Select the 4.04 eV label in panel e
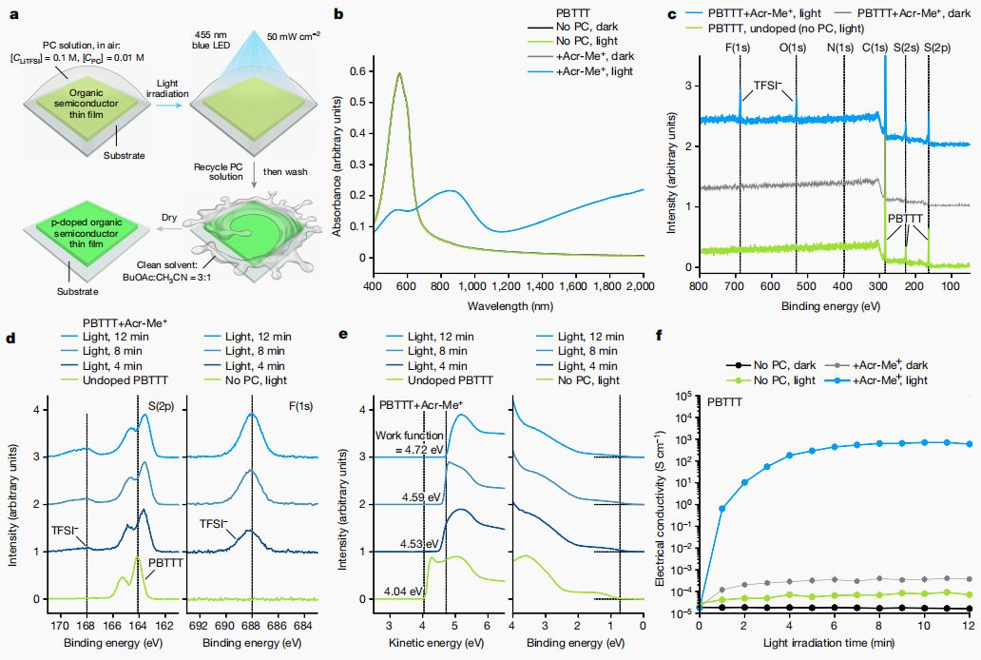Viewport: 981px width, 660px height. [402, 591]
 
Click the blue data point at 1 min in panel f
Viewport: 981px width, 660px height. [722, 509]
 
